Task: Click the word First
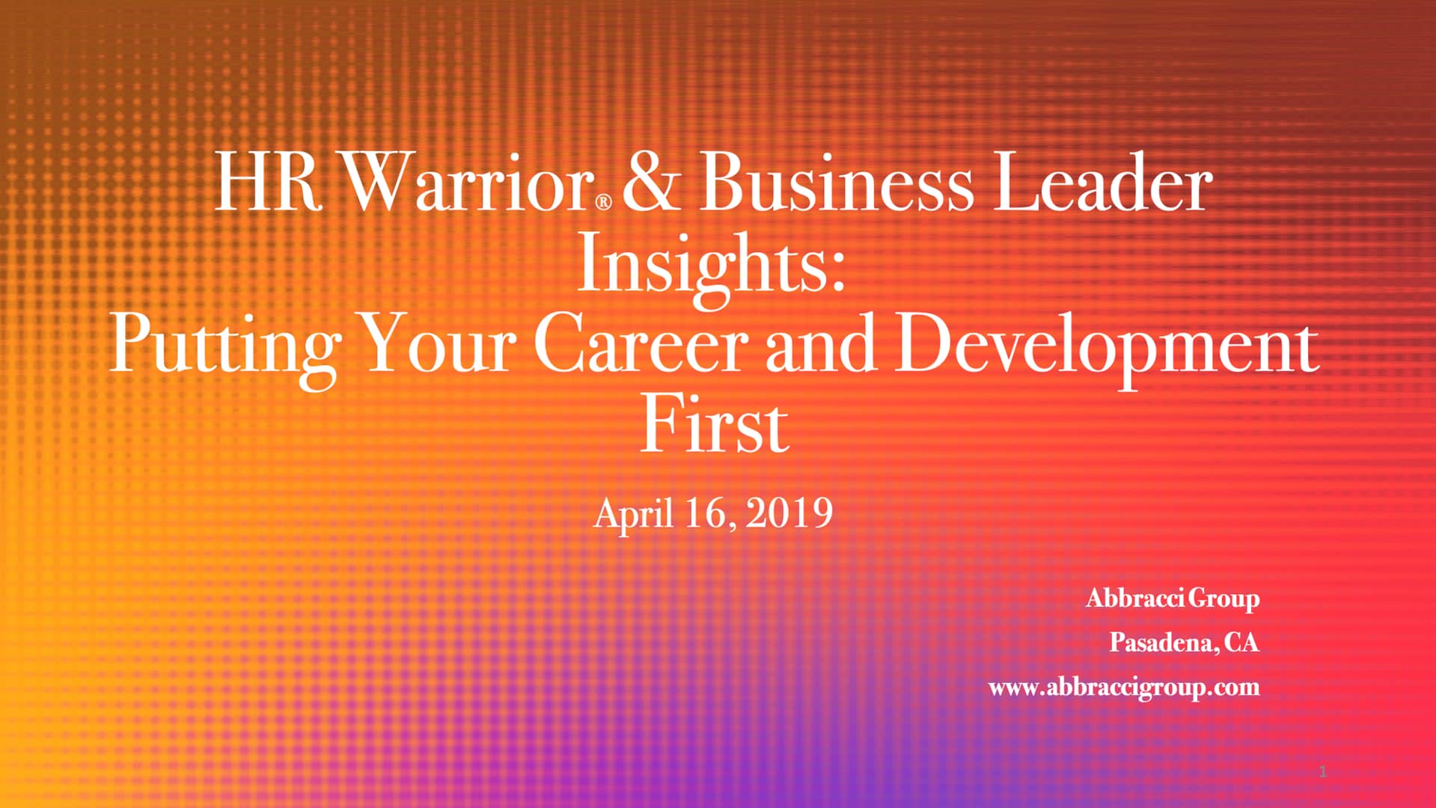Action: point(715,426)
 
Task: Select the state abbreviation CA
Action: point(1241,643)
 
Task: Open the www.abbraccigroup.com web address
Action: point(1123,687)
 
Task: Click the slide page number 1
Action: point(1322,772)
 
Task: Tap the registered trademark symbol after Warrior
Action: point(604,201)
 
